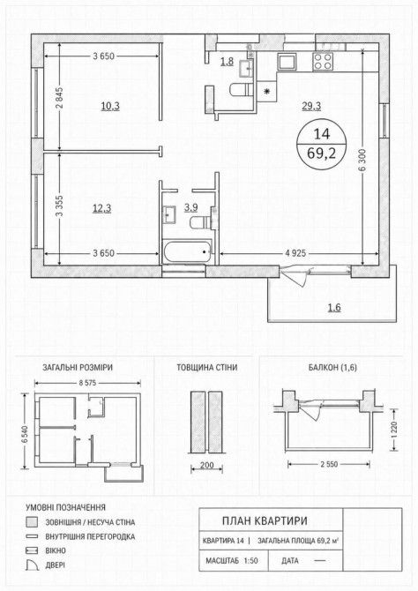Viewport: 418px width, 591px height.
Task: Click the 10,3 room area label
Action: (110, 106)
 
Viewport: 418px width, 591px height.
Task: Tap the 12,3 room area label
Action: (101, 208)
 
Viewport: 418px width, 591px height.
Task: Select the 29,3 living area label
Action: (311, 106)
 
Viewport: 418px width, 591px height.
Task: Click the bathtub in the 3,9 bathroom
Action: (187, 251)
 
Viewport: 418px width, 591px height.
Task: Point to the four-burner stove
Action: (323, 62)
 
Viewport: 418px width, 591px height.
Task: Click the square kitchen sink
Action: (287, 62)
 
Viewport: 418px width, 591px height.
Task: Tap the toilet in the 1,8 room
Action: (241, 90)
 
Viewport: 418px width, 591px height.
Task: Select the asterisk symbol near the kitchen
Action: (267, 91)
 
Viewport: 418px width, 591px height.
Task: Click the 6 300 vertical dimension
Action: (362, 158)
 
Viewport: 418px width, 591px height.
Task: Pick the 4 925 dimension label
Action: (295, 254)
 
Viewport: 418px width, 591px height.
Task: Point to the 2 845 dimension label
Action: (60, 98)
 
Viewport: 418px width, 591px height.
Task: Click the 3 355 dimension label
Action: (60, 207)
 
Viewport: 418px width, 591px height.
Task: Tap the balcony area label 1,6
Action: (334, 308)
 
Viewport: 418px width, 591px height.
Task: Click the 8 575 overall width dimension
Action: (88, 383)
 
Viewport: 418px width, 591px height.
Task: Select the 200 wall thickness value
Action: (206, 466)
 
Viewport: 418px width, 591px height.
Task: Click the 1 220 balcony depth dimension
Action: (394, 430)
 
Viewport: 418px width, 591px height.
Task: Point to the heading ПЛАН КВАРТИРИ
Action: (265, 521)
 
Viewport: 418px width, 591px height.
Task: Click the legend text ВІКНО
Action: (56, 550)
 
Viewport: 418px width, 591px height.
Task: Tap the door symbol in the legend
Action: (32, 565)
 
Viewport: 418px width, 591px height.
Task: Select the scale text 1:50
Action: (250, 561)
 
